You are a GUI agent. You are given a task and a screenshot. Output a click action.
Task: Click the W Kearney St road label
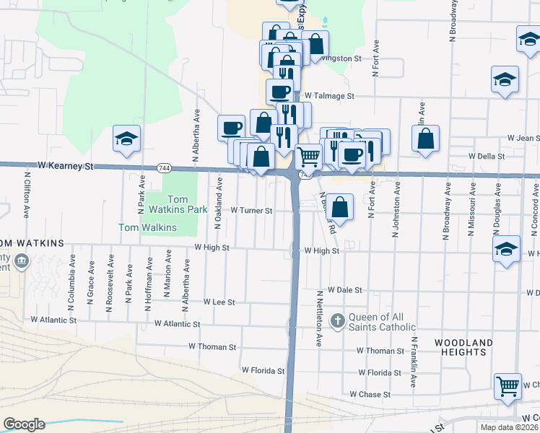tap(66, 166)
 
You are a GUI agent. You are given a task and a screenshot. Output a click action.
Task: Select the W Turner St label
tap(251, 211)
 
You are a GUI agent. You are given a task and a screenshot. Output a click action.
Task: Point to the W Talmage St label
tap(329, 95)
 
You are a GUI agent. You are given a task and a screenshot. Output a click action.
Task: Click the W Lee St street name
tap(219, 302)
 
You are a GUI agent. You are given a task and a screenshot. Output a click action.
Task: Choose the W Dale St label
tap(344, 289)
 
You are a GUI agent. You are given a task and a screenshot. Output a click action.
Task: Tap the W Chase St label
tap(370, 395)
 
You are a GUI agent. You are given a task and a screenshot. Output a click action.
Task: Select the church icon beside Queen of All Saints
tap(337, 319)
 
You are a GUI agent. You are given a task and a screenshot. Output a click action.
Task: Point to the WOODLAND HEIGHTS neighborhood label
tap(465, 347)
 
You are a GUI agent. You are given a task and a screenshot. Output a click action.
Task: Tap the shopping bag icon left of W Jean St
tap(427, 139)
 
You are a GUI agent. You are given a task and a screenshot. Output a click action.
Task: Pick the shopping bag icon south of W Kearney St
tap(341, 207)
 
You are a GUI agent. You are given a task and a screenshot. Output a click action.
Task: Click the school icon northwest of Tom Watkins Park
tap(126, 139)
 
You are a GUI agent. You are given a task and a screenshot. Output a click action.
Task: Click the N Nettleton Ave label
tap(318, 318)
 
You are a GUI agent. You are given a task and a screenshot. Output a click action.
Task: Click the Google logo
tap(24, 424)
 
